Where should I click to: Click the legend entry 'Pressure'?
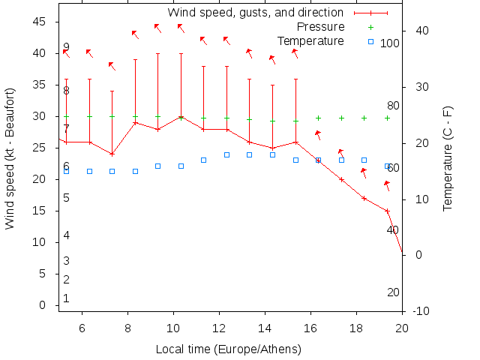[320, 27]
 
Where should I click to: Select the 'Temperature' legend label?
[310, 40]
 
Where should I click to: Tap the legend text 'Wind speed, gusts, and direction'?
[256, 13]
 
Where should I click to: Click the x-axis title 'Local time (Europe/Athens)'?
[228, 349]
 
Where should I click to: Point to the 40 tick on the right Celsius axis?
[421, 31]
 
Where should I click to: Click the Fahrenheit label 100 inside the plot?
[390, 43]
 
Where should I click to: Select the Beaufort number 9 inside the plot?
[66, 47]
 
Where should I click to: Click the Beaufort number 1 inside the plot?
[66, 298]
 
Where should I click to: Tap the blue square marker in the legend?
[370, 40]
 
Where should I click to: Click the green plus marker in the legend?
[370, 27]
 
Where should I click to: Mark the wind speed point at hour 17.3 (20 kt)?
[341, 179]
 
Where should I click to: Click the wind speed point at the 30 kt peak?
[181, 117]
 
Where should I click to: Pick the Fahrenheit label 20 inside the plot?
[393, 292]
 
